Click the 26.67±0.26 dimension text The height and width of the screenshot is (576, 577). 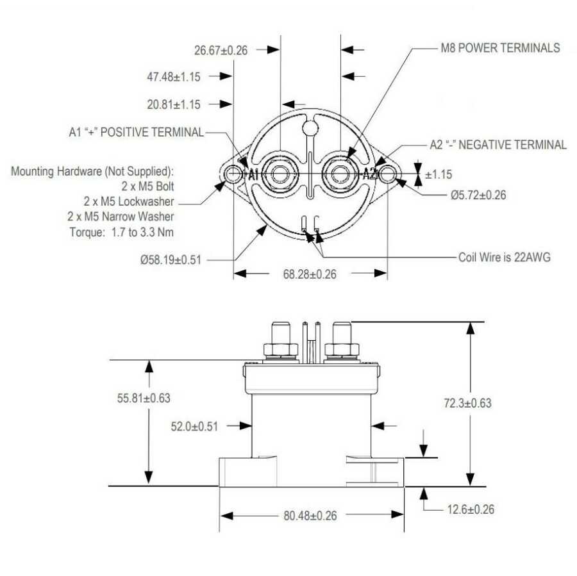[221, 49]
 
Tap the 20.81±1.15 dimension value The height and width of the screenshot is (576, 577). [173, 104]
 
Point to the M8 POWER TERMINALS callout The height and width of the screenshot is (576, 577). [500, 48]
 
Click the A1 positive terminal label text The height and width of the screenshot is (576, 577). [136, 132]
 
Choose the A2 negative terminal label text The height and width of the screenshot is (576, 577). [498, 145]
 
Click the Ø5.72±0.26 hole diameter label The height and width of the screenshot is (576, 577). [469, 195]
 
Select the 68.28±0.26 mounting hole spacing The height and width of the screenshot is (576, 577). [310, 274]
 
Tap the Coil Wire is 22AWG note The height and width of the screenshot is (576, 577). [504, 258]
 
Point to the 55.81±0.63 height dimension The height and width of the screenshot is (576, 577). [144, 398]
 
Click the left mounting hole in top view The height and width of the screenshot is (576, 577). [233, 174]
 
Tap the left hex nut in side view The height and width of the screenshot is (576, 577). [281, 350]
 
